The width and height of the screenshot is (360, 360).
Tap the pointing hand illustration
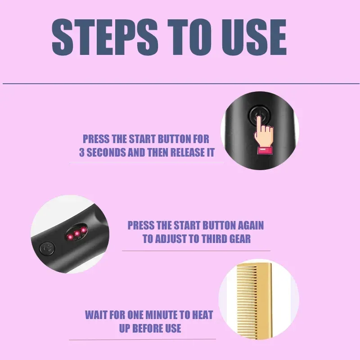(x=264, y=135)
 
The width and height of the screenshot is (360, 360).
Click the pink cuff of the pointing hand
(x=265, y=151)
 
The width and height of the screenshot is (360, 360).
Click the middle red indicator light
(x=76, y=234)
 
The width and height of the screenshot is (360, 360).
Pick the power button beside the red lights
(x=47, y=249)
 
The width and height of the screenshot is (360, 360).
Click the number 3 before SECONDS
(x=82, y=152)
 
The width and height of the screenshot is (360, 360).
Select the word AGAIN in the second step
(x=251, y=225)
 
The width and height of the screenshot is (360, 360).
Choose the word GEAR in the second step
(x=241, y=239)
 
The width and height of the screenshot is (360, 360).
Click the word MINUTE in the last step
(x=162, y=315)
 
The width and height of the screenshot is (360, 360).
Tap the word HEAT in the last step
(x=202, y=315)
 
